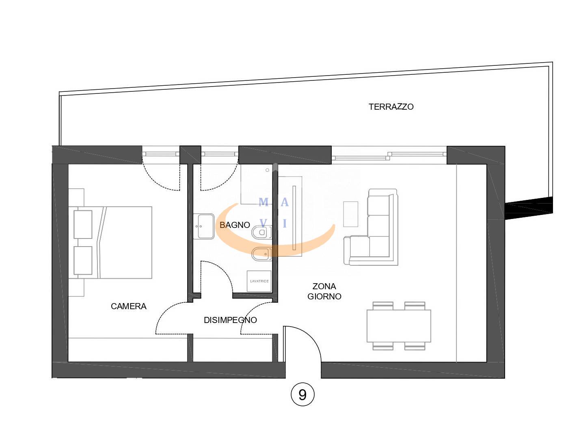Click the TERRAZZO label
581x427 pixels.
(391, 107)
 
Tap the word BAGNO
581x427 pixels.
(235, 225)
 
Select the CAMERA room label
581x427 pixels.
(129, 306)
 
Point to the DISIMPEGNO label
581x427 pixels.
(230, 320)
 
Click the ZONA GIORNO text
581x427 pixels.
(324, 291)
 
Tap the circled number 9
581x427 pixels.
(302, 394)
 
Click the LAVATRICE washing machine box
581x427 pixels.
(259, 281)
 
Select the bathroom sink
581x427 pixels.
(204, 226)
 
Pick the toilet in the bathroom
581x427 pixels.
(262, 232)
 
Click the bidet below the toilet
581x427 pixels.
(262, 254)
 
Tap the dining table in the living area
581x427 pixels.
(399, 326)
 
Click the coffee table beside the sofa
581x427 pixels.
(351, 214)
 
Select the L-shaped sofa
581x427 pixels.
(371, 227)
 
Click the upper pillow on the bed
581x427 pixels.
(83, 224)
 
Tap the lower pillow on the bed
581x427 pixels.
(83, 260)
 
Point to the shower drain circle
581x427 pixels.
(268, 170)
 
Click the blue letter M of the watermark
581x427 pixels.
(264, 202)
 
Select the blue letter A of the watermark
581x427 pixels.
(285, 202)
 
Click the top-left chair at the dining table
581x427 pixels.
(383, 306)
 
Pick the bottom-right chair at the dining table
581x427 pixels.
(415, 346)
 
